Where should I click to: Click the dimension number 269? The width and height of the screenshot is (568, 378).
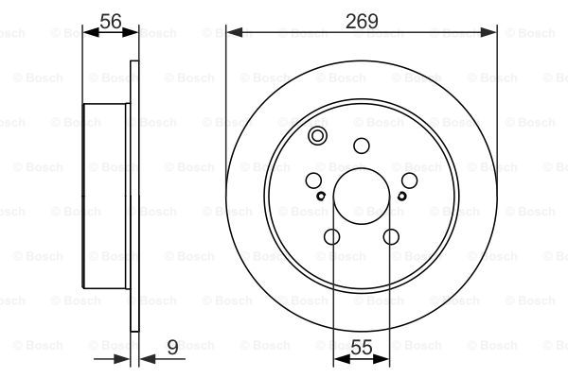click(x=362, y=21)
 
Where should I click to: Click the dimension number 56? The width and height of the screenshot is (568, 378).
click(x=111, y=21)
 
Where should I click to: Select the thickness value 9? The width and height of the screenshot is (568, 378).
click(x=173, y=347)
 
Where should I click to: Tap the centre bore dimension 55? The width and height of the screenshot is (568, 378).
click(x=362, y=347)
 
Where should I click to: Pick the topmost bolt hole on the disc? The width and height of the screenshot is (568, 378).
click(x=362, y=146)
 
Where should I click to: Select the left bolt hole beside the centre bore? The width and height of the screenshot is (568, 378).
click(x=313, y=180)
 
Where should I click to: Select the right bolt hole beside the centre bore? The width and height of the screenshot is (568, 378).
click(x=409, y=180)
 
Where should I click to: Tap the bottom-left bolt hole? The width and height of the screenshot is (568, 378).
click(x=332, y=237)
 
